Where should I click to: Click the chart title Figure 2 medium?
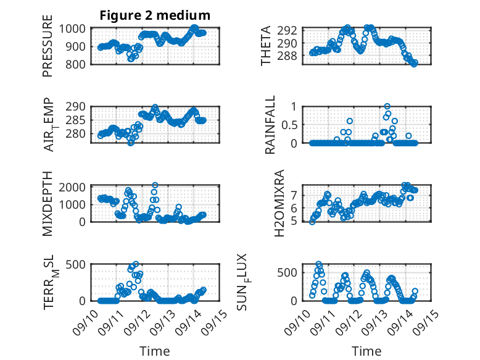(x=155, y=15)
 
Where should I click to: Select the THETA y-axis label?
(x=266, y=46)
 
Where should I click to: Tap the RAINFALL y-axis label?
(x=270, y=125)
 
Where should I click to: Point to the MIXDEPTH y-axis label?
(x=48, y=203)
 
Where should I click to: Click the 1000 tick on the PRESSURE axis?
(x=75, y=29)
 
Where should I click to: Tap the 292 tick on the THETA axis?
(x=291, y=30)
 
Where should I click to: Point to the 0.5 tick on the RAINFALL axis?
(x=294, y=125)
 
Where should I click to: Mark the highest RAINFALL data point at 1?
(x=387, y=107)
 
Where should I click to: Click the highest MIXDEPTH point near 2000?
(x=155, y=185)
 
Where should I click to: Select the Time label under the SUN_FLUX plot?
(x=366, y=351)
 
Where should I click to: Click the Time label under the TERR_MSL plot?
(x=155, y=351)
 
